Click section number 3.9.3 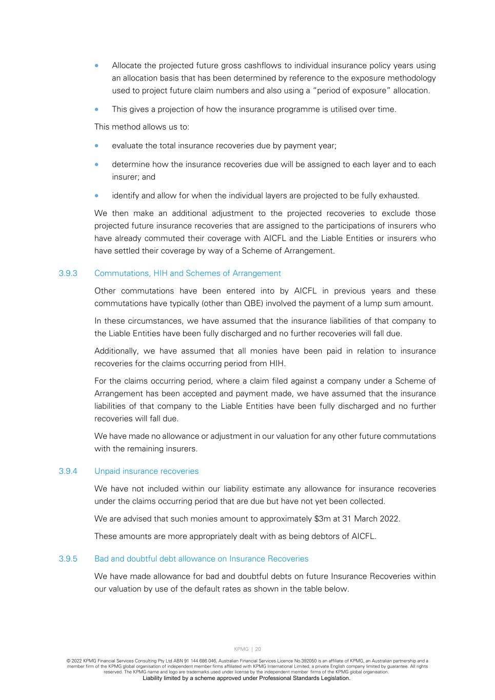68,273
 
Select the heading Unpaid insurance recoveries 146,471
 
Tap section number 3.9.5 68,559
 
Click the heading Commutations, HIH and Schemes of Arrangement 187,273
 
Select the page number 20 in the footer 258,649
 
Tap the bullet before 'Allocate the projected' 96,66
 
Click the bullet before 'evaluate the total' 96,146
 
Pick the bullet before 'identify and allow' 96,195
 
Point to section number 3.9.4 68,471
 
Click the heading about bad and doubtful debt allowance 201,559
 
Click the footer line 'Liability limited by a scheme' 246,678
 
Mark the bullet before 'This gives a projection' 96,109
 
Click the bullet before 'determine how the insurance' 96,165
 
